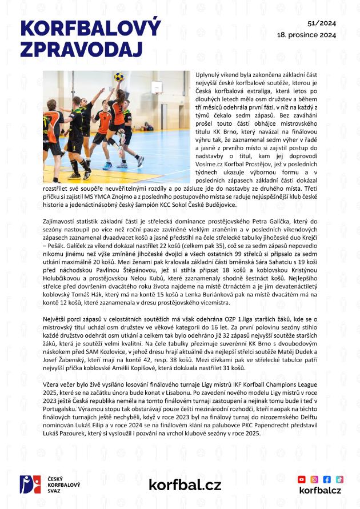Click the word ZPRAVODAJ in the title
click(74, 50)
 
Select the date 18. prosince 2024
click(306, 34)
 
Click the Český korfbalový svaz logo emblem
click(30, 485)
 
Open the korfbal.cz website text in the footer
click(185, 485)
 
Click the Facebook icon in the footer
click(327, 479)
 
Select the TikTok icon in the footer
click(339, 479)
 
